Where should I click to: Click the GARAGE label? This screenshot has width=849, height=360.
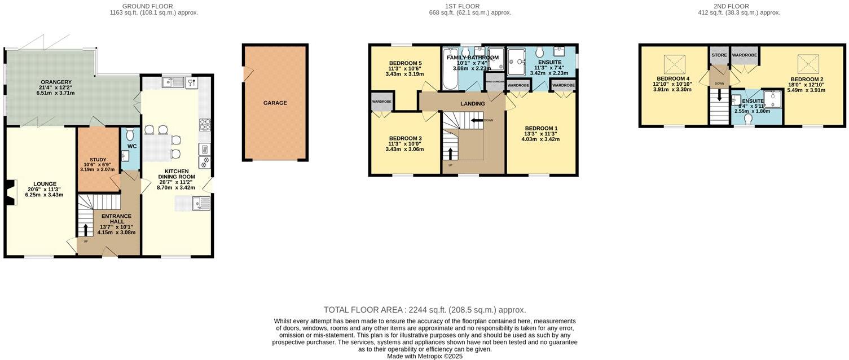pos(275,103)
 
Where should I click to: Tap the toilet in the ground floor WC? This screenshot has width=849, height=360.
pos(130,135)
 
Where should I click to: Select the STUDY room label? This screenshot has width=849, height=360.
pos(98,160)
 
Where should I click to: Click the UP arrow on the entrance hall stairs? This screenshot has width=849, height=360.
pos(86,229)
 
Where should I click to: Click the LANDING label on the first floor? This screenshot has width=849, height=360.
pos(472,104)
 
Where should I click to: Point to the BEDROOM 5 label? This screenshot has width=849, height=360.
pos(405,63)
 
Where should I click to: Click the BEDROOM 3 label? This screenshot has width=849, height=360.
pos(405,138)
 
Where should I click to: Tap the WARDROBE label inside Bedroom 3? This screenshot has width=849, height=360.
pos(382,102)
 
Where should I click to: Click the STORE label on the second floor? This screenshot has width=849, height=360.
pos(719,55)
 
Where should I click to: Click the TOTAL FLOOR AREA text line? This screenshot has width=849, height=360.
pos(424,310)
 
